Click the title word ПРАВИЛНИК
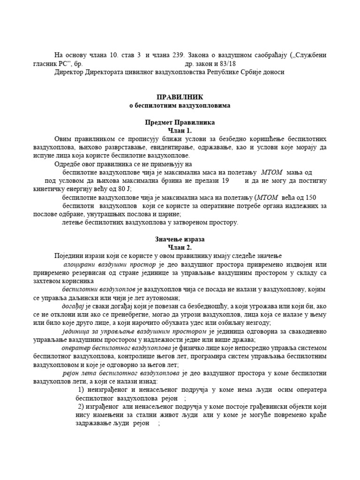coord(180,97)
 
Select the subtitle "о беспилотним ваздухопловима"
coord(180,105)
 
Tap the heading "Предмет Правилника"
coord(180,122)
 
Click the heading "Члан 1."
coord(180,130)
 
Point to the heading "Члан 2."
coord(180,247)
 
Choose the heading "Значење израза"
coord(180,239)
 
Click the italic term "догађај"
coord(72,306)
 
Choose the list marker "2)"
coord(81,406)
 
